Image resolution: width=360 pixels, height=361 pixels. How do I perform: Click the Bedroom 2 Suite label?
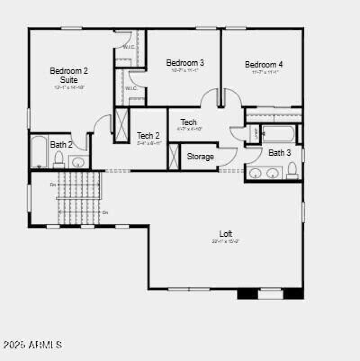point(69,75)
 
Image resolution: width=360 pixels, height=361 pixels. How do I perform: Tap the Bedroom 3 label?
point(185,63)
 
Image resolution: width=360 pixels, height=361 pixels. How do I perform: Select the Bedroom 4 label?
point(264,64)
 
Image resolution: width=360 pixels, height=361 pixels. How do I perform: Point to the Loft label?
point(226,234)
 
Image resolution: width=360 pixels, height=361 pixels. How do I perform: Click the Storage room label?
point(200,157)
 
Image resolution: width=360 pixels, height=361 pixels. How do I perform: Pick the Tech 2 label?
point(148,135)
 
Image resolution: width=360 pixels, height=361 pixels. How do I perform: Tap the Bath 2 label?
point(61,144)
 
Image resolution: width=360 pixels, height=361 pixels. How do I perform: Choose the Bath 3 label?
point(279,153)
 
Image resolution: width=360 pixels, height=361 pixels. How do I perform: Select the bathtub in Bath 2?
point(39,152)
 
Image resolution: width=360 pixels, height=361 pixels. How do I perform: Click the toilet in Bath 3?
point(292,170)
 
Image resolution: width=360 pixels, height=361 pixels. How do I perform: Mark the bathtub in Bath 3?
point(279,134)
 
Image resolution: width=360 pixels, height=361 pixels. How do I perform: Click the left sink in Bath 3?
point(256,173)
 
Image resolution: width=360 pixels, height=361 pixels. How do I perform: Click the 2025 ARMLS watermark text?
point(32,345)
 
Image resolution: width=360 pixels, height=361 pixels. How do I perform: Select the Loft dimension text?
point(226,241)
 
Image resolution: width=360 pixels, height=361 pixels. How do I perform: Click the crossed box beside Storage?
point(174,156)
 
